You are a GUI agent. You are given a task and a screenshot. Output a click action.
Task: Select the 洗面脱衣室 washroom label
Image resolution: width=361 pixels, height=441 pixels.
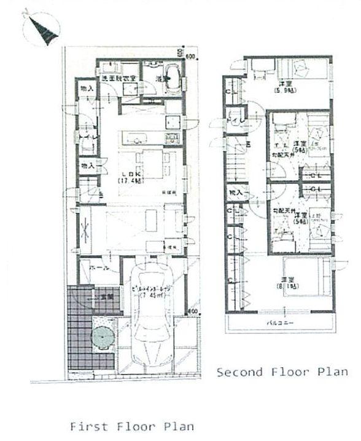point(118,79)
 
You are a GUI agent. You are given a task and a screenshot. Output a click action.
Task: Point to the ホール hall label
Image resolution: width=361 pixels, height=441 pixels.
point(88,269)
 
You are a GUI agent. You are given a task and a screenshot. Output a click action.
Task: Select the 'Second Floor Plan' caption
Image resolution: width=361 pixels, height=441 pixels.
point(282,371)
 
